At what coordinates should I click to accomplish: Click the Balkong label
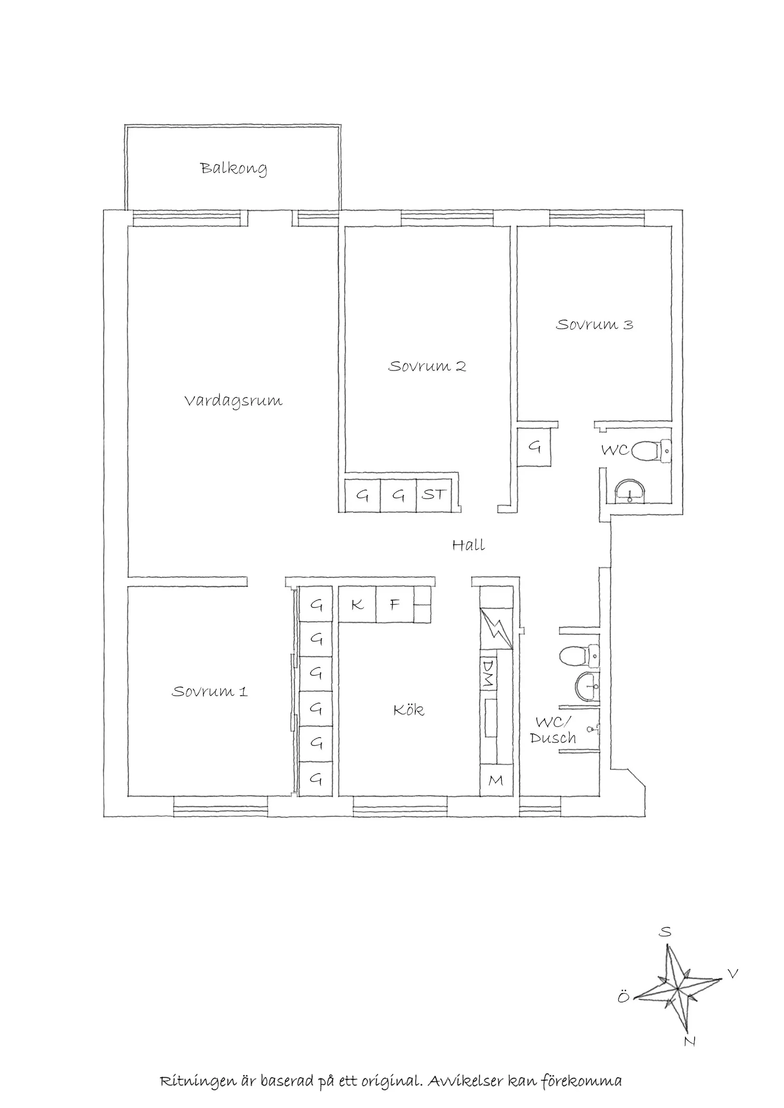[233, 169]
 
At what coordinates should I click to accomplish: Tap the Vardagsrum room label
[233, 401]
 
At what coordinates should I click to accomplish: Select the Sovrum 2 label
[427, 366]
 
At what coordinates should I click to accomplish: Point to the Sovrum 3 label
[594, 324]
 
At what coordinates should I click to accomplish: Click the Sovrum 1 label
[210, 691]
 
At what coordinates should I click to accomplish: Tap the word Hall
[468, 545]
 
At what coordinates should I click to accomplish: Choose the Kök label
[409, 710]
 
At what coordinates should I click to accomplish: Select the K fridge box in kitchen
[357, 604]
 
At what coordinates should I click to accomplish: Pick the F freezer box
[395, 604]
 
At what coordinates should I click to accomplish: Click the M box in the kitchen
[496, 780]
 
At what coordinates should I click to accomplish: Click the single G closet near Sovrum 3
[534, 447]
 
